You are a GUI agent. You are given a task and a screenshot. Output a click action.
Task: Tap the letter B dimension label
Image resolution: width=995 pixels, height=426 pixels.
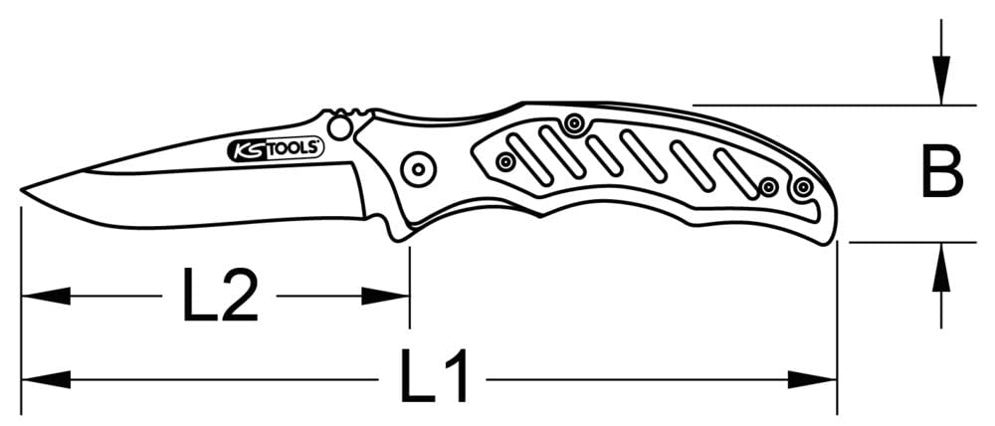coord(940,172)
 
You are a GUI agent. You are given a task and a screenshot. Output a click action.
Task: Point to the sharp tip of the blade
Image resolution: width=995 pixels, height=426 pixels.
coord(24,191)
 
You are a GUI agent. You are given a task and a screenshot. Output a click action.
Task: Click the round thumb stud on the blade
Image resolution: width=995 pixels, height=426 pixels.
coord(340,126)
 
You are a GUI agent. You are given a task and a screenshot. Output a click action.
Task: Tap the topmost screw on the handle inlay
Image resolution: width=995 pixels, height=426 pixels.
coord(573,123)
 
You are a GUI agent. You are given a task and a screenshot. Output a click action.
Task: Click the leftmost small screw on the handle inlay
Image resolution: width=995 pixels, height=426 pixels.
coord(505,160)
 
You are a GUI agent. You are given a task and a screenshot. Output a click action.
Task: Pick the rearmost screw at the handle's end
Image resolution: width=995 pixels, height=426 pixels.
coord(803,185)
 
